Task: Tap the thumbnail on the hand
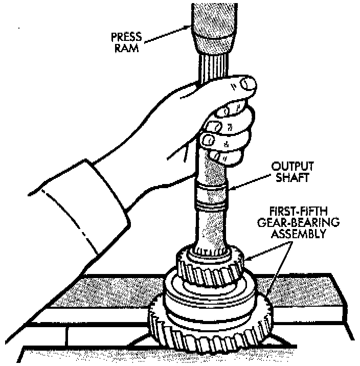pos(249,83)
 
